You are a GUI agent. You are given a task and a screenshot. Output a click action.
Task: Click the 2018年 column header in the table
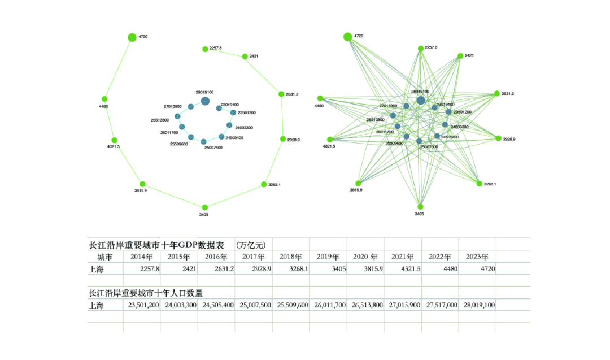(291, 257)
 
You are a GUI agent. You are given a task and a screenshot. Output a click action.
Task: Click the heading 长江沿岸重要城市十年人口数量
(146, 293)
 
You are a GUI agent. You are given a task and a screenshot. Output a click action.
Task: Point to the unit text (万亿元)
(251, 245)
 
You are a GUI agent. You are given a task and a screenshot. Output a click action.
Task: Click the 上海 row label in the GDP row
(97, 269)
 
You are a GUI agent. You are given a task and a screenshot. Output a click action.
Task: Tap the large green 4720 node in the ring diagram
(132, 37)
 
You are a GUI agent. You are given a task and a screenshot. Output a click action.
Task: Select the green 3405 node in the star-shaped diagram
(420, 207)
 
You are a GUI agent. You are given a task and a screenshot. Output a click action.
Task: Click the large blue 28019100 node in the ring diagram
(205, 101)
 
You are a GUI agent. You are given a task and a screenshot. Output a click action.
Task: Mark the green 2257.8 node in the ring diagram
(205, 49)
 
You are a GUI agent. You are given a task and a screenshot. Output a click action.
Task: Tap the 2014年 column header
(142, 257)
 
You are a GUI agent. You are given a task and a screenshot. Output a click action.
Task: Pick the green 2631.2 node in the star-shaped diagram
(497, 94)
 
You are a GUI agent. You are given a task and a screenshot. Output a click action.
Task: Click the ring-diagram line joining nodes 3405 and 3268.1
(234, 196)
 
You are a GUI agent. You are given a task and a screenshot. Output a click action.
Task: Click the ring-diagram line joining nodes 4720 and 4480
(119, 67)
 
